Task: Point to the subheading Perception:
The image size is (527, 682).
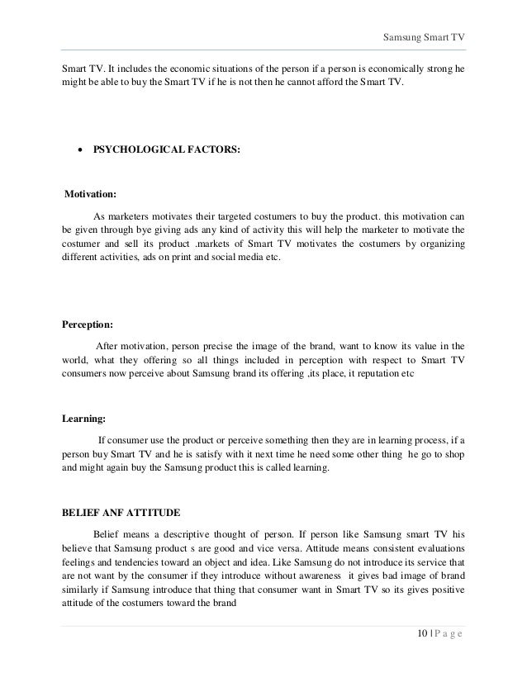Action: pos(92,324)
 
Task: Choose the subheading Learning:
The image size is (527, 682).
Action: pos(86,419)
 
